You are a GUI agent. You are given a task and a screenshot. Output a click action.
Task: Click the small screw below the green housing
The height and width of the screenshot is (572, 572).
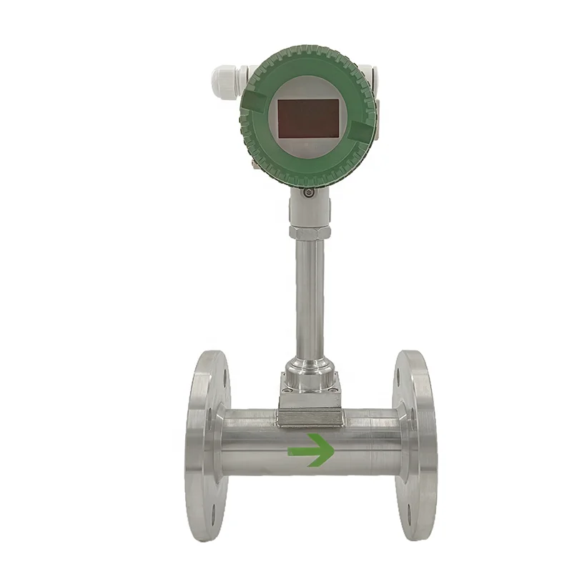pos(307,192)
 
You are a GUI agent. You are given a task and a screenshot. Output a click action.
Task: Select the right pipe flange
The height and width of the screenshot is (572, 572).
pos(414,447)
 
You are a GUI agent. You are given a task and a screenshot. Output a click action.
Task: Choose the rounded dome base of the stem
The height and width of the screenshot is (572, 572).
pos(309,375)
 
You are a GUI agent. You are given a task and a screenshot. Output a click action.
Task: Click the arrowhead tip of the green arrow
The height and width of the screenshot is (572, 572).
pos(332,450)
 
